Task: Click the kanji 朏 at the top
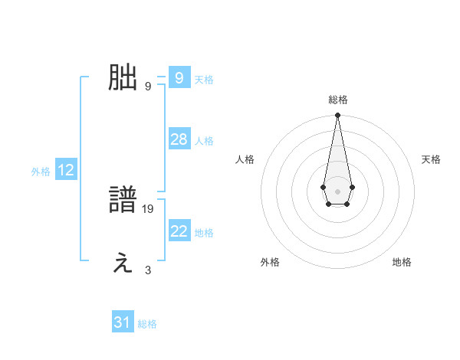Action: click(x=123, y=78)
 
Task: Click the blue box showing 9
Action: click(x=179, y=78)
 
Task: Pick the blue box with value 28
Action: click(x=179, y=139)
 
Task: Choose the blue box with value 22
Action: click(x=179, y=231)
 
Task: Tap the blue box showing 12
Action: click(x=65, y=170)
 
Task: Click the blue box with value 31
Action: click(x=123, y=322)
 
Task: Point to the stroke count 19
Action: click(x=149, y=208)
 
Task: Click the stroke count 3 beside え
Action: click(x=148, y=270)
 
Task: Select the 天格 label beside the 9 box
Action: click(x=204, y=80)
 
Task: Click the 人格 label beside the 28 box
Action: click(x=204, y=141)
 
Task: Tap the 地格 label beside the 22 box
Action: click(x=204, y=233)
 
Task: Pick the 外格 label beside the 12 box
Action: click(x=41, y=172)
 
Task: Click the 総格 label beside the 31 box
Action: click(x=147, y=324)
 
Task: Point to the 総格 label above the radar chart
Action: click(x=337, y=100)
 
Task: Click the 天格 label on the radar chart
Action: click(x=431, y=159)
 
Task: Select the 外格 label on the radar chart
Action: click(x=270, y=262)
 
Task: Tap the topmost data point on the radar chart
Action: click(x=337, y=116)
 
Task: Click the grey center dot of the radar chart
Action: click(x=337, y=190)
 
